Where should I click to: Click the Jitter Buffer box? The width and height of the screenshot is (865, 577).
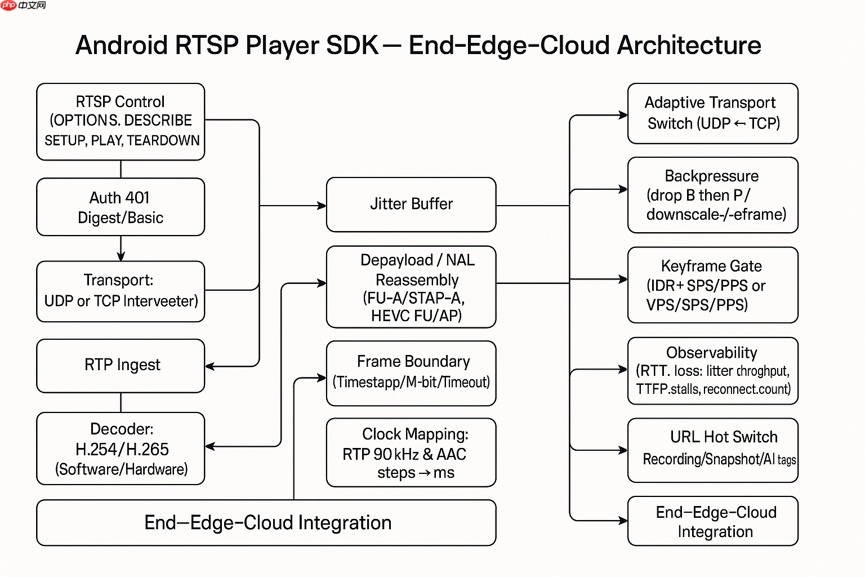click(411, 204)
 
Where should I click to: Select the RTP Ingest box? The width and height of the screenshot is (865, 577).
click(121, 365)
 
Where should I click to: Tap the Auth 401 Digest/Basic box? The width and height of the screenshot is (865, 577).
click(121, 207)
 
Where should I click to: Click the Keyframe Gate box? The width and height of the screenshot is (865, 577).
click(712, 285)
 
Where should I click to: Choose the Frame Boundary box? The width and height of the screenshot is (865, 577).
click(411, 372)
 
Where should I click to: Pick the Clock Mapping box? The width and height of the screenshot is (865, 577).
click(411, 452)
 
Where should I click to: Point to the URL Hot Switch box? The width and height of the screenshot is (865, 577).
click(712, 450)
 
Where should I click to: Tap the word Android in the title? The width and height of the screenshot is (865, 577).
click(122, 46)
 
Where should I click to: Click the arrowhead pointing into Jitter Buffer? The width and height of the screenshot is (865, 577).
click(322, 206)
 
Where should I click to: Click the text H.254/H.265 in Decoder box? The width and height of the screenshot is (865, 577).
click(122, 449)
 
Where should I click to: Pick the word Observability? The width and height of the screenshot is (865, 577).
click(711, 353)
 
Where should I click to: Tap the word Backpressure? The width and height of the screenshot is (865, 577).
click(711, 176)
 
